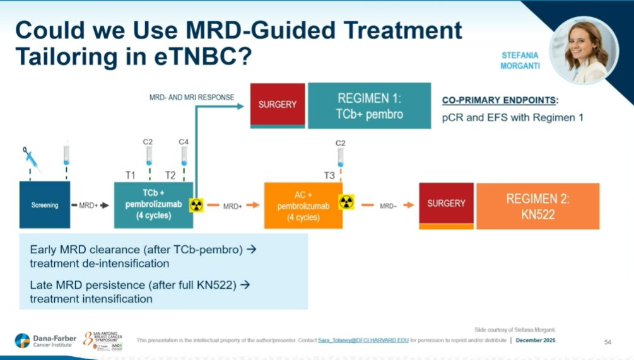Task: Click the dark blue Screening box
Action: (45, 205)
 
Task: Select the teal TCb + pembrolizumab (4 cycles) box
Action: (153, 205)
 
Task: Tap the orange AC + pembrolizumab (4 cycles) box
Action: (303, 205)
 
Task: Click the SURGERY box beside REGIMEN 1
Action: (278, 105)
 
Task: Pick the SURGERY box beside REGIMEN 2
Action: (446, 204)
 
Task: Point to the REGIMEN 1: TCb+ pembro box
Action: (370, 105)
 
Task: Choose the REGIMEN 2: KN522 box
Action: (537, 206)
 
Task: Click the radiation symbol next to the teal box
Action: (196, 206)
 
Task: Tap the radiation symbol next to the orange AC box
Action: (346, 202)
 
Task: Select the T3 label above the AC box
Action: (329, 175)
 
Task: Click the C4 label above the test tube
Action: (184, 141)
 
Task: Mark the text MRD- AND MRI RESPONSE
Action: (192, 98)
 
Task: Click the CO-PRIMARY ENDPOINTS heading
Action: (500, 100)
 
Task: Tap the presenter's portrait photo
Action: (584, 50)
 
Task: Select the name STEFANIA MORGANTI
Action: (520, 61)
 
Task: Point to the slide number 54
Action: (608, 342)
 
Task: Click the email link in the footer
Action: (363, 340)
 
